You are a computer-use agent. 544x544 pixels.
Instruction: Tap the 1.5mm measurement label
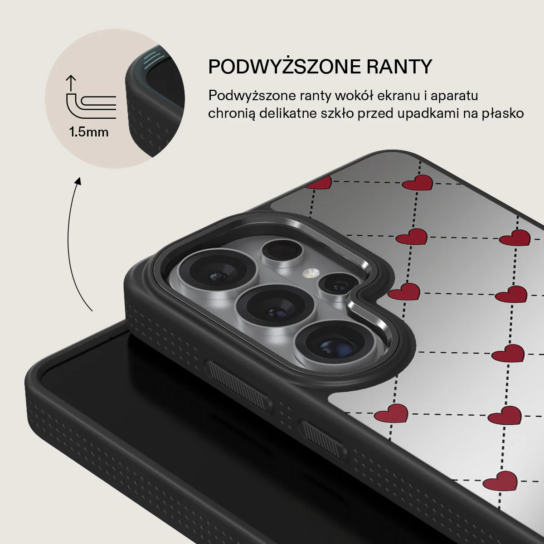click(89, 132)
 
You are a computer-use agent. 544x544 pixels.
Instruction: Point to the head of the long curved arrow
click(78, 181)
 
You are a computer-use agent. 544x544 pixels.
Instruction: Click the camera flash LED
click(311, 273)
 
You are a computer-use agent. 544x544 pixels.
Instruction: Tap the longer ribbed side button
click(238, 387)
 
